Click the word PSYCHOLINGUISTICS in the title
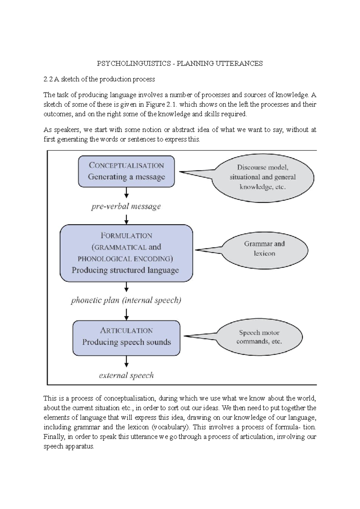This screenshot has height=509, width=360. pos(133,64)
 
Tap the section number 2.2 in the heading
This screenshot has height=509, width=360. pos(48,79)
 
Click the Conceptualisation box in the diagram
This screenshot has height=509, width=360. pos(126,171)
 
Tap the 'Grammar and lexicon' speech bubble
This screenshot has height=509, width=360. pos(264,249)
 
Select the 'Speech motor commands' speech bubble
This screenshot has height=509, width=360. pos(259,337)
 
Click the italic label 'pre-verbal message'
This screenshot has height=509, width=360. pos(126,207)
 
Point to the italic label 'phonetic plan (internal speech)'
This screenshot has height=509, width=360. pos(126,300)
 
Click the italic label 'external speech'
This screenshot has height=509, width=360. pos(126,376)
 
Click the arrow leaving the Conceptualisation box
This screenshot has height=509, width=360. pos(126,192)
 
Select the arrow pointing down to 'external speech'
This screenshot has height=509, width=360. pos(126,361)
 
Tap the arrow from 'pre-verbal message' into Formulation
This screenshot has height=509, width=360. pos(126,220)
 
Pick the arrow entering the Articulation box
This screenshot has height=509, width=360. pos(126,314)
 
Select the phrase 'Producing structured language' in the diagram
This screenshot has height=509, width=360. pos(125,270)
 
